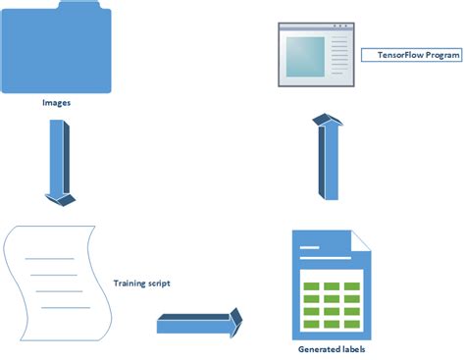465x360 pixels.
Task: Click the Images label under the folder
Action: click(56, 101)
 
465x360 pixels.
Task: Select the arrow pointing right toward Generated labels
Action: click(197, 323)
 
